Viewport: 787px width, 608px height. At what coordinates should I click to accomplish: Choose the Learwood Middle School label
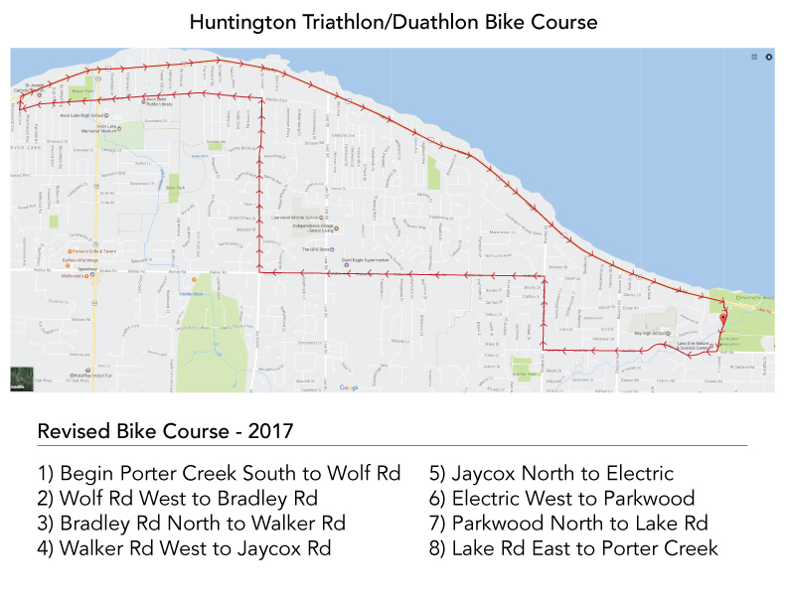click(x=296, y=216)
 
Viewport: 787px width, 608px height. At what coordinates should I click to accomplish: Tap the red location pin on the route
click(x=722, y=317)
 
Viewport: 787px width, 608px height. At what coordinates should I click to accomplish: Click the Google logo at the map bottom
click(x=349, y=387)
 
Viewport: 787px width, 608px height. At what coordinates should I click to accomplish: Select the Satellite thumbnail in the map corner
click(x=20, y=379)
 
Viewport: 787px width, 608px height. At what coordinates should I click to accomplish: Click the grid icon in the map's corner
click(x=754, y=57)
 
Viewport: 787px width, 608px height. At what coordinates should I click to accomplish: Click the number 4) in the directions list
click(x=46, y=547)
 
